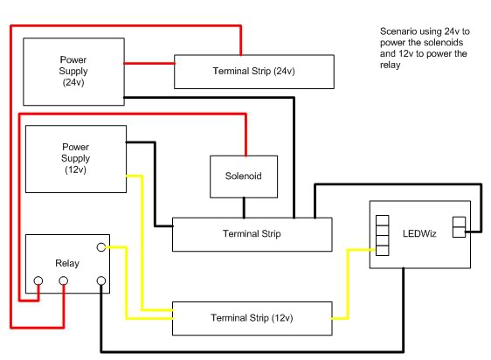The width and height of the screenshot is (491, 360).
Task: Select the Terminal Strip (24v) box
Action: point(252,71)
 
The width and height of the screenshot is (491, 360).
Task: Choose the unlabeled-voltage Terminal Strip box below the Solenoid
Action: point(252,233)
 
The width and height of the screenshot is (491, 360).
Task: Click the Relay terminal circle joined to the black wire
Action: point(102,282)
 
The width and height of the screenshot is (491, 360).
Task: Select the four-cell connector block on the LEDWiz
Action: point(381,234)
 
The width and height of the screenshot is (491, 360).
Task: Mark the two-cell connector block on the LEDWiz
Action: point(459,227)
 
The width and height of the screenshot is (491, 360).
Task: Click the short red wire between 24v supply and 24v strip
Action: point(149,63)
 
